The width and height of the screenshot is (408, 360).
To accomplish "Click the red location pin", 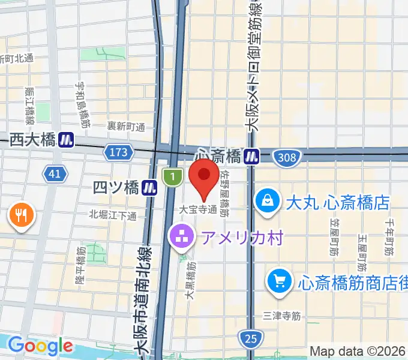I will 203,178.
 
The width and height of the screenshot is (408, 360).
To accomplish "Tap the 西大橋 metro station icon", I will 66,140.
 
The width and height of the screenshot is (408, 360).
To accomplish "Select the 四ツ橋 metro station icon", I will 149,188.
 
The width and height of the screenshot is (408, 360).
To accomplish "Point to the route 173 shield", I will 118,153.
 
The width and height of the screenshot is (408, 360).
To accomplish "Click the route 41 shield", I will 55,174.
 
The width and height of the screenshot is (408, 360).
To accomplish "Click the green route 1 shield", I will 172,176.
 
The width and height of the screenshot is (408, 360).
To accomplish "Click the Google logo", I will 40,346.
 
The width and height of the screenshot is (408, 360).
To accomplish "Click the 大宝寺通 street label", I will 197,210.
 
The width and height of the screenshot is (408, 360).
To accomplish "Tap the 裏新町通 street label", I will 126,127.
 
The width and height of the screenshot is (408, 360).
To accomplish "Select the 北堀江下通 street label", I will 113,215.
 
